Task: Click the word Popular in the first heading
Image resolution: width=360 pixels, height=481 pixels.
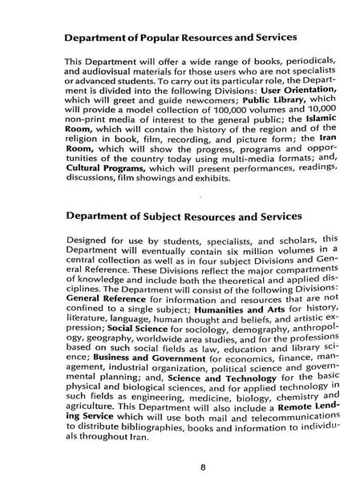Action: [160, 37]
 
